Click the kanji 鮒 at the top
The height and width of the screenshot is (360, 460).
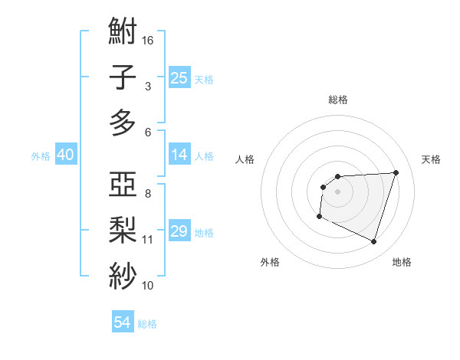(123, 32)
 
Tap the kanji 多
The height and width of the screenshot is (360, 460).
(123, 123)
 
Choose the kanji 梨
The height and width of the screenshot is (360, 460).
(123, 230)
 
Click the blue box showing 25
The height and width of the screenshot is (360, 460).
(179, 77)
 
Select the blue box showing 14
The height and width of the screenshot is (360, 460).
(179, 155)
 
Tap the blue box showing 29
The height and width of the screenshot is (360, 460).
(179, 232)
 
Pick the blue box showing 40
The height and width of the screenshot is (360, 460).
(65, 155)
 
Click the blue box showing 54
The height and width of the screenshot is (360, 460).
(123, 322)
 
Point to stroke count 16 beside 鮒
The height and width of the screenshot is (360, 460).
(148, 40)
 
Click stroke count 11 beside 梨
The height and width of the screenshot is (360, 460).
(148, 240)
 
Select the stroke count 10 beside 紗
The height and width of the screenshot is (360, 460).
(148, 285)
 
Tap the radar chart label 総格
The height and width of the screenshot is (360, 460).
(338, 100)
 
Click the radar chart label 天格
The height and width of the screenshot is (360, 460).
(432, 159)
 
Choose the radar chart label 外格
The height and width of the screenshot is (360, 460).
(270, 263)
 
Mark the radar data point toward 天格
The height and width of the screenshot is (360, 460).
(396, 172)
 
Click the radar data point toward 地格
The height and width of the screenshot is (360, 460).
(373, 242)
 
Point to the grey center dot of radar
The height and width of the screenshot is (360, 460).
(337, 191)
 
